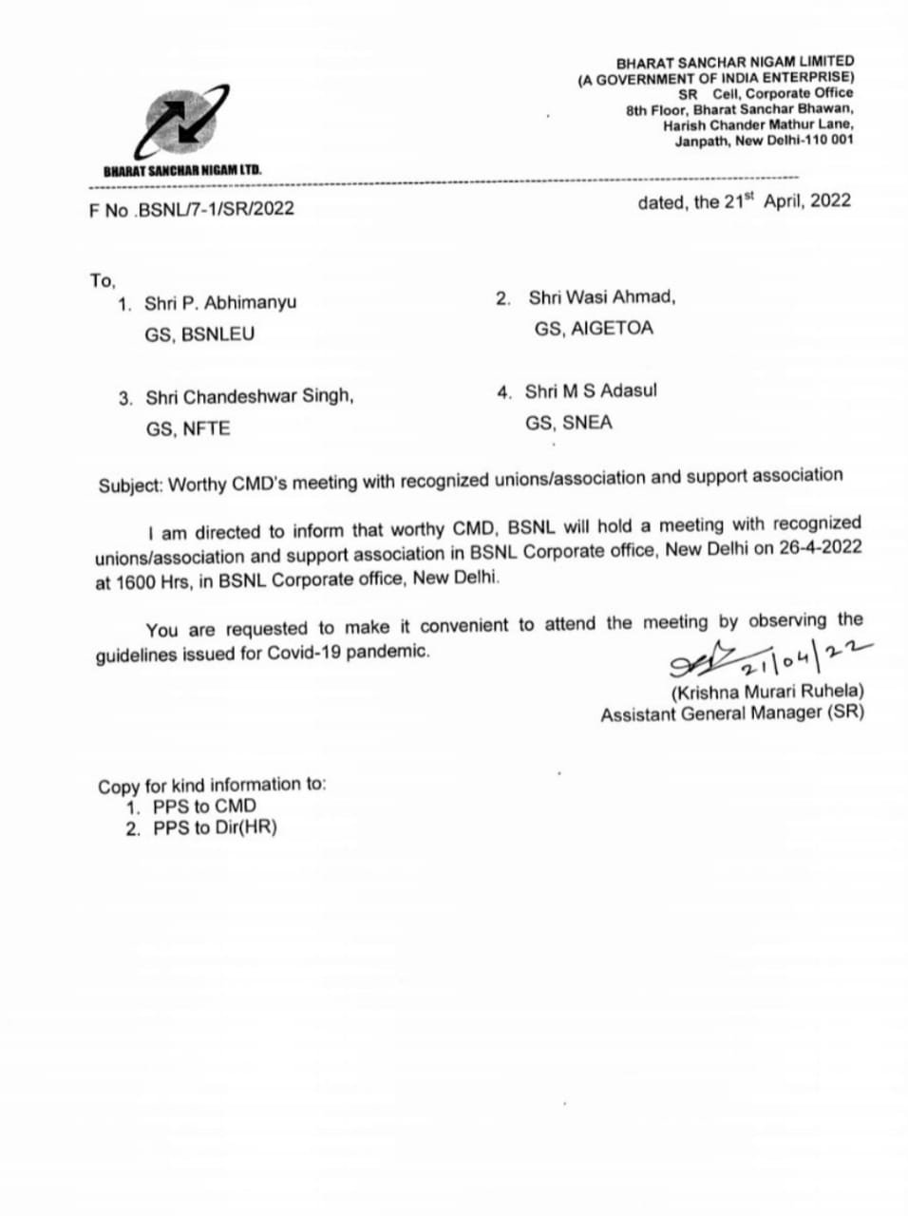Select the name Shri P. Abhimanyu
coord(220,303)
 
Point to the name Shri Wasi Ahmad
coord(602,297)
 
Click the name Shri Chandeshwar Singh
coord(250,397)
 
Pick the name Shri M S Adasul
coord(591,391)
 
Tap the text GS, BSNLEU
coord(200,334)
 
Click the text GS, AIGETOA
coord(594,329)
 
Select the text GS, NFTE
coord(188,428)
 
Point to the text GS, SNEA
coord(569,423)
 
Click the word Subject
coord(130,485)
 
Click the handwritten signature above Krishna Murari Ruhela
coord(703,655)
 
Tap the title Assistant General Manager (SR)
coord(731,713)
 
